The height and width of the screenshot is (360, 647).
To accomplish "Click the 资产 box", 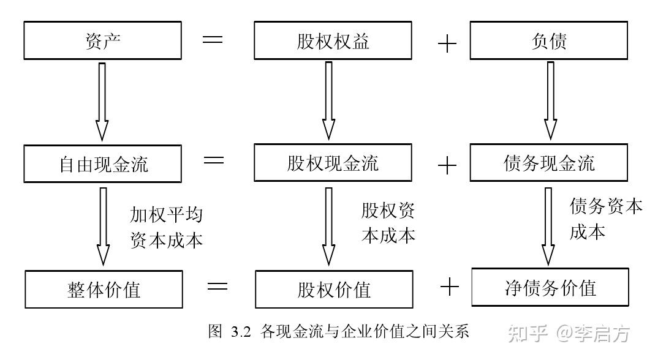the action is click(102, 40).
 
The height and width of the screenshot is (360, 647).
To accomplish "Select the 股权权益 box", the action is click(333, 40).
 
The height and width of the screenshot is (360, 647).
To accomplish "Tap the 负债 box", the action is click(549, 40).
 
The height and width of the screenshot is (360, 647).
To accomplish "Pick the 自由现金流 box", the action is click(102, 163).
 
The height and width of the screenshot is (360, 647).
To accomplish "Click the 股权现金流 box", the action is click(333, 162).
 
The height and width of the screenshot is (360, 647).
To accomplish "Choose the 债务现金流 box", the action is click(549, 162).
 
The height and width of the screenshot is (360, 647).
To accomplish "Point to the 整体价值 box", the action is click(104, 289).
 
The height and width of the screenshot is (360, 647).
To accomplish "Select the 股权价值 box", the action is click(334, 289).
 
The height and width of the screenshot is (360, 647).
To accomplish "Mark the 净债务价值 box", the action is click(550, 287).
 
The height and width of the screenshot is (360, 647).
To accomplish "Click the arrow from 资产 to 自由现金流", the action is click(102, 102).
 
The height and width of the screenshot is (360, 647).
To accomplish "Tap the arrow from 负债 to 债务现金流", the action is click(550, 100).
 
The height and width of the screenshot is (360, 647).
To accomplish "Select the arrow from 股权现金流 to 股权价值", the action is click(328, 227).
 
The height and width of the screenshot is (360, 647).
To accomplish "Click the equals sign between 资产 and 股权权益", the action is click(213, 40).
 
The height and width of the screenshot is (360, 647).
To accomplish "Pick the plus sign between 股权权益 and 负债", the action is click(447, 43).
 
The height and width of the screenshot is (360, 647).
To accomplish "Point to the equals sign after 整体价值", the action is click(218, 286).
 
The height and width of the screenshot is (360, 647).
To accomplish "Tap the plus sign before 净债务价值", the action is click(449, 287).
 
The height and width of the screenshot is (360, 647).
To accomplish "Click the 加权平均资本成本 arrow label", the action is click(166, 228).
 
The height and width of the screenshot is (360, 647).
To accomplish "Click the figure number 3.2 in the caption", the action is click(241, 332).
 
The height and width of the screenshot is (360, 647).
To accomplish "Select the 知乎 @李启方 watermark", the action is click(569, 333).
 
